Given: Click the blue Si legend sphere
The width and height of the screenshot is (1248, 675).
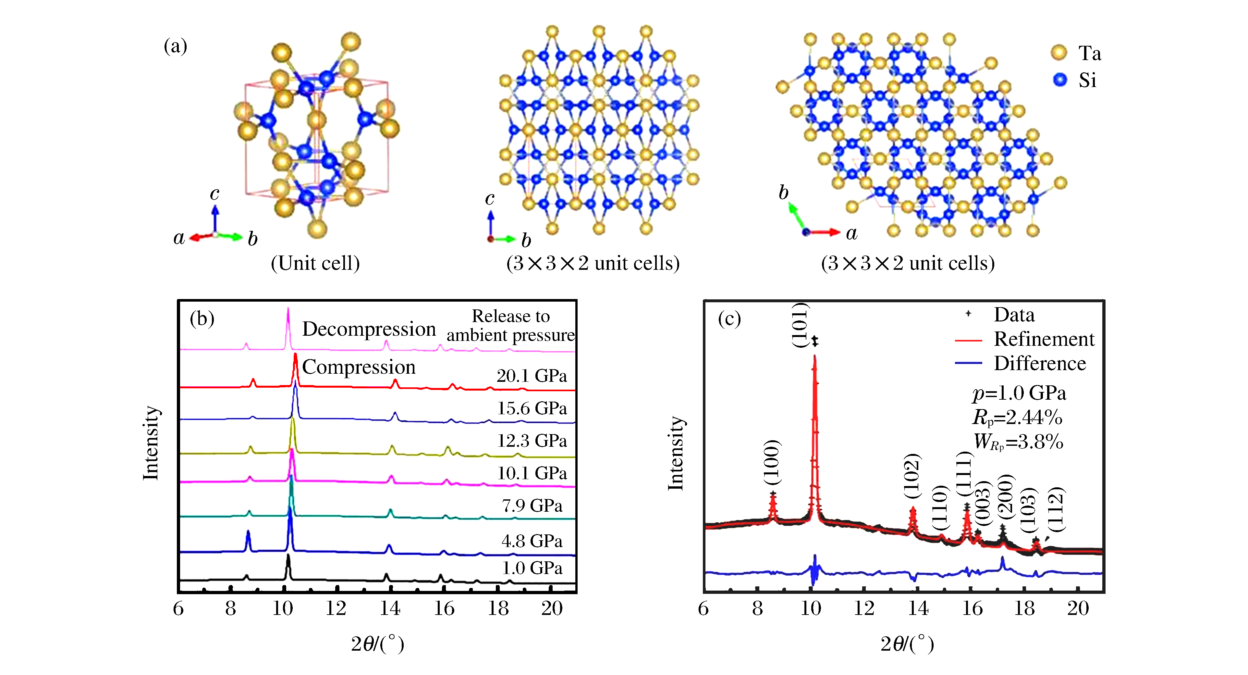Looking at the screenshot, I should pyautogui.click(x=1060, y=80).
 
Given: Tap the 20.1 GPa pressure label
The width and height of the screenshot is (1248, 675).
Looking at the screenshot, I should pyautogui.click(x=532, y=376).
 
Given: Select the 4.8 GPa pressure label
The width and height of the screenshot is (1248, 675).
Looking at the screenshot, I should pyautogui.click(x=532, y=541).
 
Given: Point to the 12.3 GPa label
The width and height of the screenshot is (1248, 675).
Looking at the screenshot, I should pyautogui.click(x=532, y=441).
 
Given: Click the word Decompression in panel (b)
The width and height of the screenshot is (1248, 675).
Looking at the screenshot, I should pyautogui.click(x=369, y=329).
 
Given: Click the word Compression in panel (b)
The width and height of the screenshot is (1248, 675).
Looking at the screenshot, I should pyautogui.click(x=359, y=367).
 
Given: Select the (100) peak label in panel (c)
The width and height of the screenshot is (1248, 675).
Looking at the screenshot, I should pyautogui.click(x=772, y=462).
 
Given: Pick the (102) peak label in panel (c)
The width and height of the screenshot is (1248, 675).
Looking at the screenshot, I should pyautogui.click(x=912, y=476).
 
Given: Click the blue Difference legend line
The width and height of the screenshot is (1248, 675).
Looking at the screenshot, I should pyautogui.click(x=968, y=363).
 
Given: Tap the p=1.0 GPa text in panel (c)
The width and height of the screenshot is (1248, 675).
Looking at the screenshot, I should pyautogui.click(x=1019, y=393).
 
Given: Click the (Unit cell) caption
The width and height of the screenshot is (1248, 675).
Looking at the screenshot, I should pyautogui.click(x=315, y=263).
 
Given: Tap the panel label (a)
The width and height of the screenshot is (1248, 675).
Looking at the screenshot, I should pyautogui.click(x=175, y=46).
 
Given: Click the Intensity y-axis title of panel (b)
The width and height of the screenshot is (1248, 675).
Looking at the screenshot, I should pyautogui.click(x=151, y=443).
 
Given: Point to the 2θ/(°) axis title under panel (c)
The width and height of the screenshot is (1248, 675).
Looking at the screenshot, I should pyautogui.click(x=907, y=644).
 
